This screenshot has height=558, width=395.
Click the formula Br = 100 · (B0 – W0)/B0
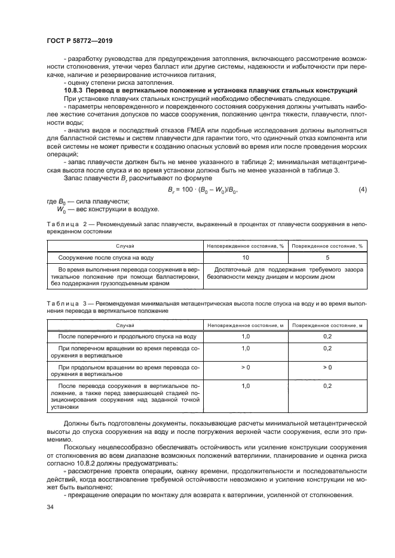pos(204,190)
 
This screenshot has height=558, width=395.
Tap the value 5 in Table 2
pos(326,257)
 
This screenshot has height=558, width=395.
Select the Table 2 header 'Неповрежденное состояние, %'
pos(245,245)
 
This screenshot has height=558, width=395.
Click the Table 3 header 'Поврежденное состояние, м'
pos(327,325)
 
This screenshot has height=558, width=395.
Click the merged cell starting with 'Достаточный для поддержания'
pos(286,273)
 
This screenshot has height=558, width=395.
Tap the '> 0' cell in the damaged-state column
pos(327,366)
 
